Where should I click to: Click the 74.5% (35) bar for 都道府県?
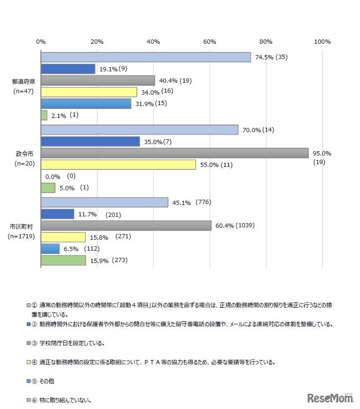tap(146, 57)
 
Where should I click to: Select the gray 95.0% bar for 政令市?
tap(175, 153)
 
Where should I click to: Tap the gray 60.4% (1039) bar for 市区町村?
tap(126, 225)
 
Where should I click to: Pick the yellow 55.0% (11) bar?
tap(118, 165)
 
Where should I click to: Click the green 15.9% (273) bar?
tap(63, 260)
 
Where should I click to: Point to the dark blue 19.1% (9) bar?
tap(68, 69)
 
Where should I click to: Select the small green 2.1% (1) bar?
tap(44, 115)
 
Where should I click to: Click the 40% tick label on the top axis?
tap(153, 42)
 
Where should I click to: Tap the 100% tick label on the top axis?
tap(322, 42)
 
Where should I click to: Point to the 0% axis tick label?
tap(41, 42)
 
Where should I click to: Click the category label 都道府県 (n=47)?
tap(23, 86)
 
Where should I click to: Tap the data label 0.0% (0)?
tap(60, 176)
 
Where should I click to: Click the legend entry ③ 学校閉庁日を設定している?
tap(71, 343)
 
